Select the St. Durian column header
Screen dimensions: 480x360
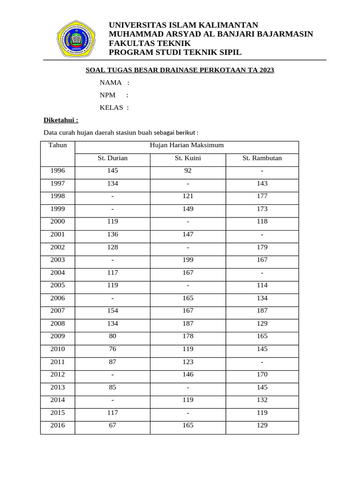[112, 158]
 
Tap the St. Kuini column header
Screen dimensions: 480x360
[188, 158]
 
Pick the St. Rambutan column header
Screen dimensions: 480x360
[262, 158]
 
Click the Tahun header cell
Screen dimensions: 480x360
[58, 145]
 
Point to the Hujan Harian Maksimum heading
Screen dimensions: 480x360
[187, 145]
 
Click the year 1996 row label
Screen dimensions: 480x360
[58, 171]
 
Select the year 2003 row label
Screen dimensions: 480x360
[58, 260]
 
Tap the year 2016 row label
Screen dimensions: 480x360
[58, 426]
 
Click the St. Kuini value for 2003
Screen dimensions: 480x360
[188, 260]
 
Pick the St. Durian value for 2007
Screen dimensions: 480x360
[112, 311]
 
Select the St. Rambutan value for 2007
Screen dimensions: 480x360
[262, 311]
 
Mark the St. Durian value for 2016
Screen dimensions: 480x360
[112, 426]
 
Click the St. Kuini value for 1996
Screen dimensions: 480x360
[188, 171]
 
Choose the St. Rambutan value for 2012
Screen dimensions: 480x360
[262, 375]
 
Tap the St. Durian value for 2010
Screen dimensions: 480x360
[112, 349]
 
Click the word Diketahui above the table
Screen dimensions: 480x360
[61, 120]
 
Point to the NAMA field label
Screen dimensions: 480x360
[111, 83]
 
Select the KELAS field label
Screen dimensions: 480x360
[112, 108]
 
